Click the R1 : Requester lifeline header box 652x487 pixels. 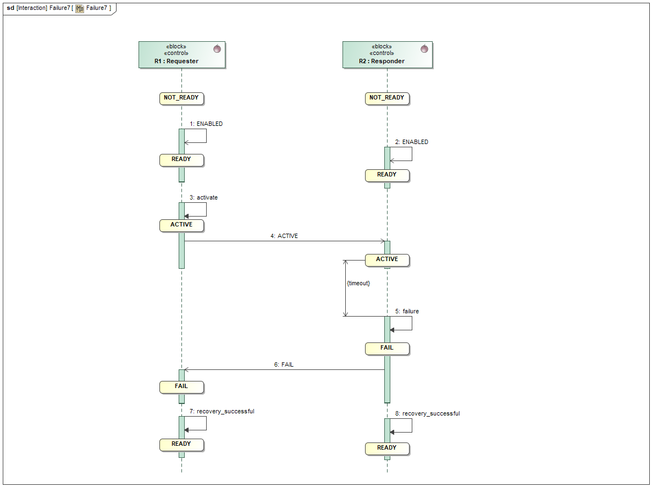181,55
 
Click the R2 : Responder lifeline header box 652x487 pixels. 387,55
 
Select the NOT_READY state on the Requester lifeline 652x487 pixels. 181,98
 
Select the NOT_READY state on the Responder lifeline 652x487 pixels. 387,98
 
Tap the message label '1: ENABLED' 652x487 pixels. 206,124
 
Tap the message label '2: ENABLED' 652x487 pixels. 412,142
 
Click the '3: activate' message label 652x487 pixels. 203,197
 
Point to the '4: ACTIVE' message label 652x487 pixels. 284,236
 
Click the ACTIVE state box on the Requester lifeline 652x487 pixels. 181,225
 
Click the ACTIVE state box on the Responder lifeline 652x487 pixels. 387,259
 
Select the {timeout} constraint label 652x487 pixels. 358,283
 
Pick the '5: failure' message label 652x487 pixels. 407,311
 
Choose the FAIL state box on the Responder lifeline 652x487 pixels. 387,348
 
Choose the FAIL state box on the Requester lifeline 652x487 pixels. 181,386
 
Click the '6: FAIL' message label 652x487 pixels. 284,364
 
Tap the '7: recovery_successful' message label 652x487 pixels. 222,411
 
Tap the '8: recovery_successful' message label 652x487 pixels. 427,413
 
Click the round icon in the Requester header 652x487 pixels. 217,49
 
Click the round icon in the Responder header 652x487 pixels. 424,49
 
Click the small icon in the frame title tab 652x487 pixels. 80,8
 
